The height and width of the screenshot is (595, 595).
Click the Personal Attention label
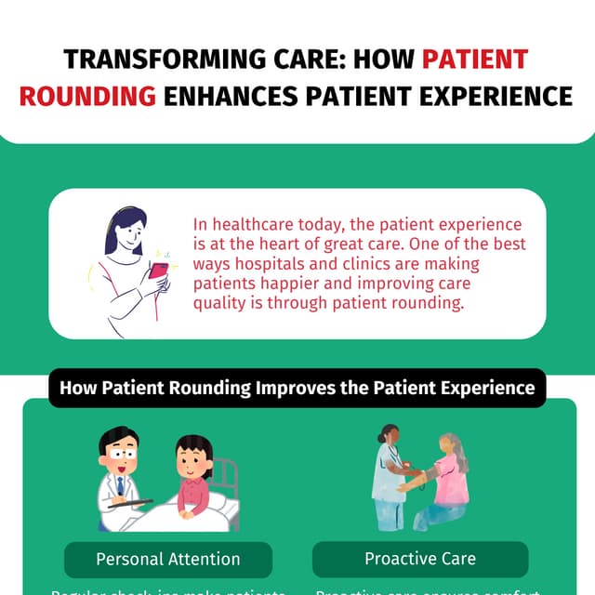pos(168,559)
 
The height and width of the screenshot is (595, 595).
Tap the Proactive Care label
pos(420,559)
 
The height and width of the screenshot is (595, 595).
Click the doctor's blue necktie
pos(120,486)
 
